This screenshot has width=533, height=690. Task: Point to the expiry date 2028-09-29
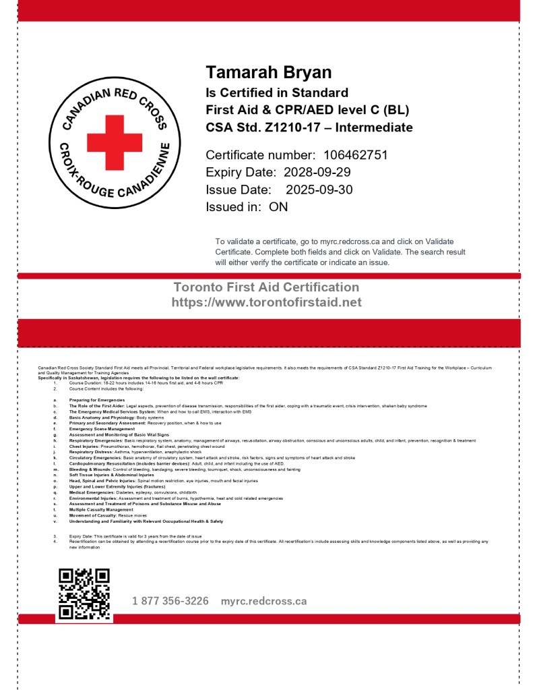(317, 172)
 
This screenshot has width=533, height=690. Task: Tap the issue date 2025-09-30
(319, 190)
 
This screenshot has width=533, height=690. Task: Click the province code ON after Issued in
(278, 207)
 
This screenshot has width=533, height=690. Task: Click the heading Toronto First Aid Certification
(266, 287)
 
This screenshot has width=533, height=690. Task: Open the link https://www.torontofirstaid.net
(266, 302)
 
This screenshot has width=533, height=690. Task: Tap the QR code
(84, 594)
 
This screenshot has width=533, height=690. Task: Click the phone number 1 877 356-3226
(170, 600)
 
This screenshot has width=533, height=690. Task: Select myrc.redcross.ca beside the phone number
(263, 600)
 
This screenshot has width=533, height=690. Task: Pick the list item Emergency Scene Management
(102, 428)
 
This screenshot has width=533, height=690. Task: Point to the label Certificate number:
(260, 155)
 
